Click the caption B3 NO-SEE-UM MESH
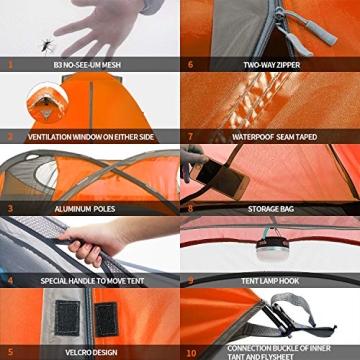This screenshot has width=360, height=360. click(88, 64)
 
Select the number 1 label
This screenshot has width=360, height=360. click(10, 64)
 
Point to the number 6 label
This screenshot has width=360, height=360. click(190, 64)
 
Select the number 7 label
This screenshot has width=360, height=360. click(190, 137)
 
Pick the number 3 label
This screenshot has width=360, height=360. click(10, 209)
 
